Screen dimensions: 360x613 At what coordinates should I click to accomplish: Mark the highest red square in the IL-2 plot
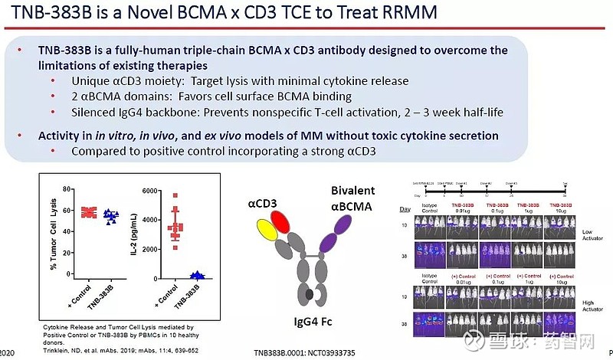(x=175, y=195)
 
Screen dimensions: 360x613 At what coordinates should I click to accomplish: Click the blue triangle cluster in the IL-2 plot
(x=198, y=274)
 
